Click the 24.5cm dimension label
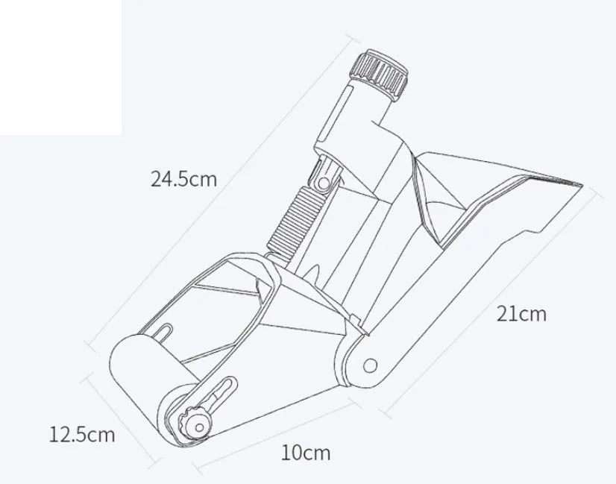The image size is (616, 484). (183, 179)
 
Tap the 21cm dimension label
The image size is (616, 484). (521, 314)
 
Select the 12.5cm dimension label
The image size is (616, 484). (82, 435)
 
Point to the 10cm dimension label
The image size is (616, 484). (306, 453)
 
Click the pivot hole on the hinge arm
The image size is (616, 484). (370, 365)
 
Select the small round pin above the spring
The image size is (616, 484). (324, 183)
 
